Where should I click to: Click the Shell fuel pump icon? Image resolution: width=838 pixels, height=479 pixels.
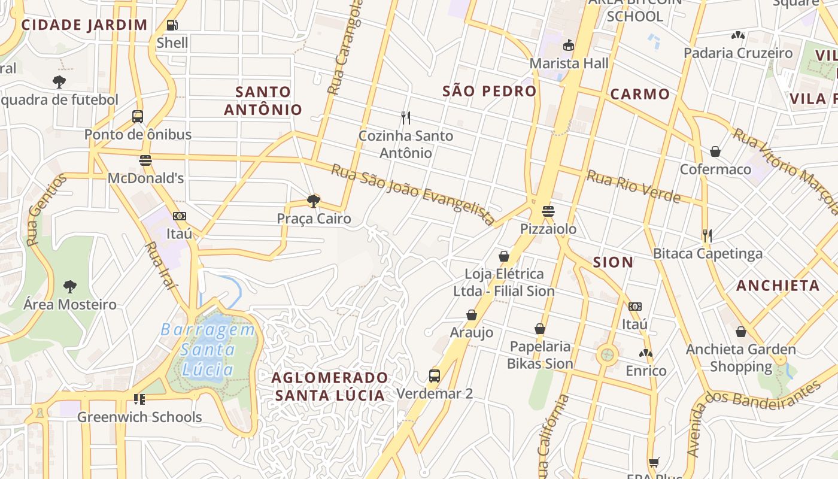[172, 25]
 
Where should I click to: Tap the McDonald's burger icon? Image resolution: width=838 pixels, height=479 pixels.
[145, 160]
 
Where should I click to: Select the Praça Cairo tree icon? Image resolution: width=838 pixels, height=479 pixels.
[313, 201]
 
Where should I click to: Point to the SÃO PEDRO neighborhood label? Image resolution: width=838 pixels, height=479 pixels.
[489, 91]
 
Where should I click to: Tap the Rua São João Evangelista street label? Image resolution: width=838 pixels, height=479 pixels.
[413, 195]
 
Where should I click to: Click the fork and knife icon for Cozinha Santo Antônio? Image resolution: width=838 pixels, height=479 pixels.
[406, 117]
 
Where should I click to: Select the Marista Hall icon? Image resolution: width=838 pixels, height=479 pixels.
[568, 46]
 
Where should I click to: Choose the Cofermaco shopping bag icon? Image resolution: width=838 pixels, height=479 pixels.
[715, 151]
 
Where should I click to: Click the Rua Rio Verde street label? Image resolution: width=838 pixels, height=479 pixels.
[633, 186]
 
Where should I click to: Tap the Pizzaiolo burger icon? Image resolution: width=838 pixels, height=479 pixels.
[548, 211]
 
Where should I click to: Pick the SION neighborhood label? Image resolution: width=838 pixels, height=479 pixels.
[613, 262]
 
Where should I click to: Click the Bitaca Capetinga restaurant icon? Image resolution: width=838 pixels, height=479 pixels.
[708, 235]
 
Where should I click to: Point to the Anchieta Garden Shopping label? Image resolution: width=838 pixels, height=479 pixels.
[740, 357]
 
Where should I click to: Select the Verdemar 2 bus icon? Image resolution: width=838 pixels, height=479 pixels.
[435, 376]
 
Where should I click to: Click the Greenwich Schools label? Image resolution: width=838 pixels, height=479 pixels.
[139, 417]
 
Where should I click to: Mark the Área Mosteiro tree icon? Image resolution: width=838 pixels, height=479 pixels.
[70, 286]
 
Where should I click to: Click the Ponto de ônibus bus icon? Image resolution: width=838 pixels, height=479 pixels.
[138, 116]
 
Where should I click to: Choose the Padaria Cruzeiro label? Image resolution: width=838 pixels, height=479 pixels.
[737, 53]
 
